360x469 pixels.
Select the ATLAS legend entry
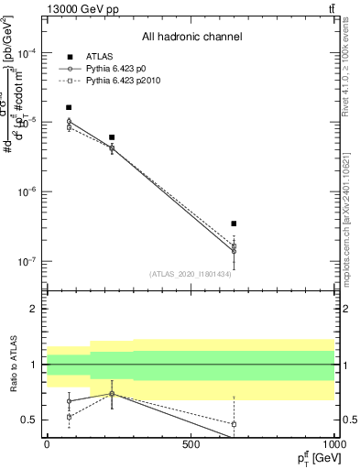pyautogui.click(x=97, y=57)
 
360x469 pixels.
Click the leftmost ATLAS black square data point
pyautogui.click(x=69, y=107)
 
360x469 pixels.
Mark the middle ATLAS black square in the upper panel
pyautogui.click(x=112, y=137)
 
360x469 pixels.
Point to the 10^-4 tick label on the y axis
pyautogui.click(x=27, y=52)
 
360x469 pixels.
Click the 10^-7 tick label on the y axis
pyautogui.click(x=27, y=261)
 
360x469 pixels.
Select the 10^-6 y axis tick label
pyautogui.click(x=27, y=191)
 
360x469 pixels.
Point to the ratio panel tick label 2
pyautogui.click(x=34, y=309)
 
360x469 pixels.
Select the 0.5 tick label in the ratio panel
pyautogui.click(x=30, y=420)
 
